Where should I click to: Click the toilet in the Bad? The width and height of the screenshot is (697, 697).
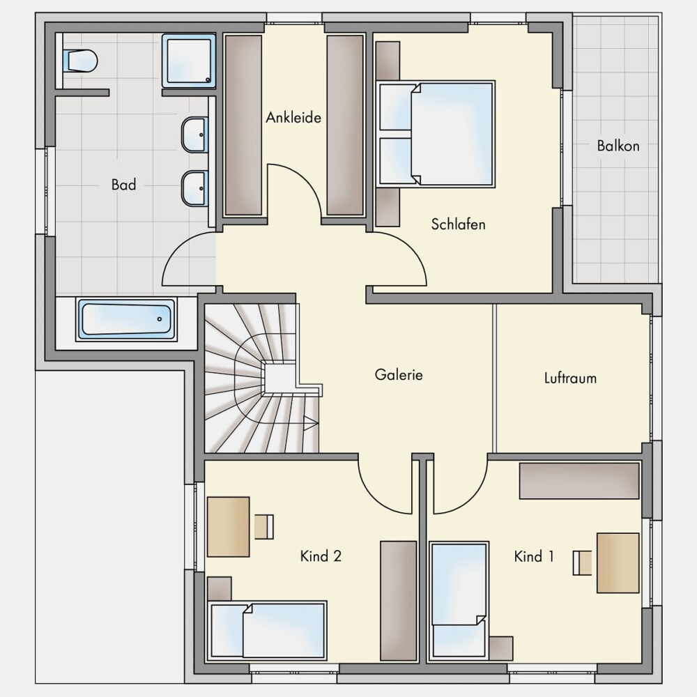(80, 61)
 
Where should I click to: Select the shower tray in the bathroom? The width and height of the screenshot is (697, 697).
(188, 61)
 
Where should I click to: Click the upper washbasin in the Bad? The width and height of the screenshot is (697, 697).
(194, 135)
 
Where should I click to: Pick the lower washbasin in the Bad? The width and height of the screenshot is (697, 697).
(194, 188)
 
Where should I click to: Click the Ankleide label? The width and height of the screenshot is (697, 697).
(293, 118)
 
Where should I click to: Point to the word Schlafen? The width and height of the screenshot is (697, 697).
(459, 224)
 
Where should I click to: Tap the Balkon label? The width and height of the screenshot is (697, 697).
(618, 146)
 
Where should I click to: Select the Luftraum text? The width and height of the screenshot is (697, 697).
(570, 378)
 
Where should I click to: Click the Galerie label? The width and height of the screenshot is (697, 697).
(399, 375)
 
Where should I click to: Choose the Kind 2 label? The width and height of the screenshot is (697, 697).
(321, 556)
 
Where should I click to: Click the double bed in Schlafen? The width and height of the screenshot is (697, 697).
(436, 133)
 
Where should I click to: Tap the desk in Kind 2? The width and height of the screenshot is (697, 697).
(229, 527)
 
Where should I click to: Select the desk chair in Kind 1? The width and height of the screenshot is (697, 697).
(582, 563)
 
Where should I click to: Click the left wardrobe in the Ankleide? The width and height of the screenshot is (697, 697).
(243, 125)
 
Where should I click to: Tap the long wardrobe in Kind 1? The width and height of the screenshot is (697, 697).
(579, 481)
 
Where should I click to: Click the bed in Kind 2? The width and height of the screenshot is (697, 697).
(268, 630)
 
